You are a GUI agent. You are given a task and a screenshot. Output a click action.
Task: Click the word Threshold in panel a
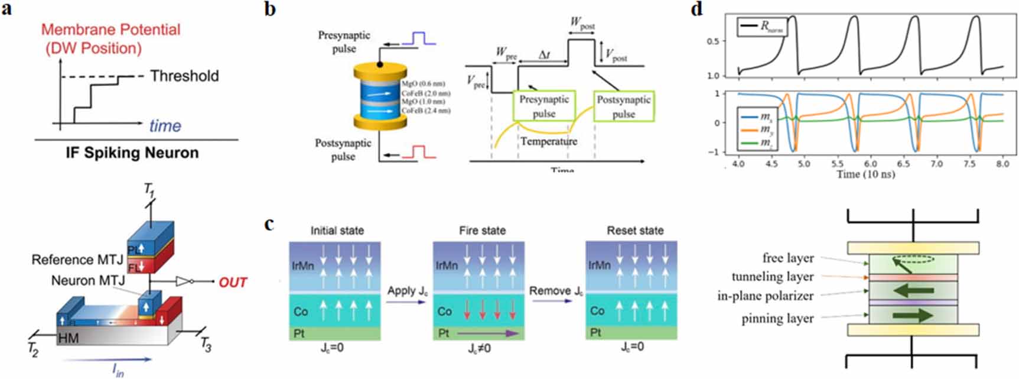click(184, 76)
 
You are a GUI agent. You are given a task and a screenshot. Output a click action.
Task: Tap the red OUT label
click(233, 283)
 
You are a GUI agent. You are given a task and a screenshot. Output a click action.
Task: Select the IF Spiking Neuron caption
click(132, 153)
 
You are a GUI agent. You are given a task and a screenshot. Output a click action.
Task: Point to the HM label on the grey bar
click(69, 339)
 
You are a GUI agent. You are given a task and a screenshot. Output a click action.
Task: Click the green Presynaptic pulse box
click(544, 106)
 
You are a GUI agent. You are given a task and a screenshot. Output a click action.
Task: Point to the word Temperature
click(548, 141)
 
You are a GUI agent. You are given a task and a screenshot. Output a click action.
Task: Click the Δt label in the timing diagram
click(544, 55)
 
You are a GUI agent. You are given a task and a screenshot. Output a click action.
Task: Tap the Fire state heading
click(482, 231)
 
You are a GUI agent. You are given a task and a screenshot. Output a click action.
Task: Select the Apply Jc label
click(407, 290)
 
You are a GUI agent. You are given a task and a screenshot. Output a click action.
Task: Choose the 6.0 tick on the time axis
click(870, 164)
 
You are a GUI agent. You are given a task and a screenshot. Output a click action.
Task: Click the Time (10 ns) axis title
click(865, 174)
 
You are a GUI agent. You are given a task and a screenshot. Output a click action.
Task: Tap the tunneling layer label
click(772, 277)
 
